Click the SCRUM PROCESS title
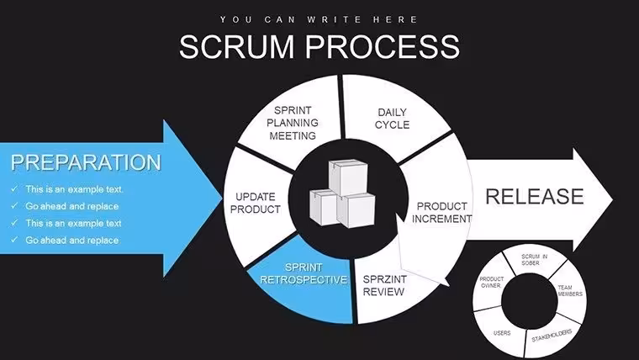[319, 46]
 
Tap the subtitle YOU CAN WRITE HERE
[319, 19]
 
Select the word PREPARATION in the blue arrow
[86, 162]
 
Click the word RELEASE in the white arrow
[535, 197]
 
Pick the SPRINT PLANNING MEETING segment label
[293, 123]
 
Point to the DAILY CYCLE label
[392, 119]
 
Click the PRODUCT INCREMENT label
[441, 213]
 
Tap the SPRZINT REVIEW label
[384, 285]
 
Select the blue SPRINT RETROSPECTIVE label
[304, 273]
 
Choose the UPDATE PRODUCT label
[256, 203]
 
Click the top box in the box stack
[348, 177]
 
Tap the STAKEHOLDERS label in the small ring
[552, 336]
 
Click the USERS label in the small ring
[502, 333]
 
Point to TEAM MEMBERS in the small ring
[570, 291]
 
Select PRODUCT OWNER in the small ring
[491, 282]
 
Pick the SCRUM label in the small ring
[531, 257]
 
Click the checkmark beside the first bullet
[14, 188]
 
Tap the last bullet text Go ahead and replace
[72, 240]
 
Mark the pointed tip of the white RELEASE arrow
[612, 199]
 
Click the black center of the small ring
[530, 301]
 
